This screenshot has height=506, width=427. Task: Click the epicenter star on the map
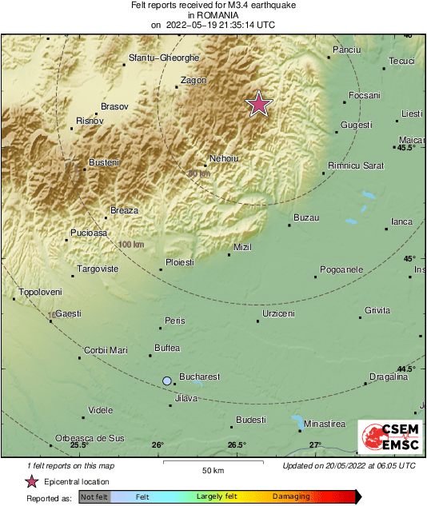(x=258, y=104)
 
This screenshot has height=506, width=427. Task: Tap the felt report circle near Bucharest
(x=167, y=381)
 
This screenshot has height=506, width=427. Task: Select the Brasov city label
(x=115, y=106)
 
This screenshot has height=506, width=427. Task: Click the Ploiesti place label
(x=179, y=262)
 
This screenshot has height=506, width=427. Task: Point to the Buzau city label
(x=306, y=217)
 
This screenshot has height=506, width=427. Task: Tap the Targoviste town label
(x=98, y=269)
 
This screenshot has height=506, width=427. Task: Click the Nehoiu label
(x=223, y=158)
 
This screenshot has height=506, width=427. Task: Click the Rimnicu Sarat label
(x=356, y=166)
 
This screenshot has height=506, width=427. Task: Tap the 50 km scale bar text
(x=212, y=470)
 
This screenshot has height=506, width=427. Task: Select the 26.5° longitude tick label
(x=237, y=445)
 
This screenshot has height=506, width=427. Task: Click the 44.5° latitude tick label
(x=406, y=369)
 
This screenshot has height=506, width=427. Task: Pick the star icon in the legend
(x=31, y=481)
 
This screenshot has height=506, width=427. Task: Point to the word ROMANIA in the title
(x=213, y=14)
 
